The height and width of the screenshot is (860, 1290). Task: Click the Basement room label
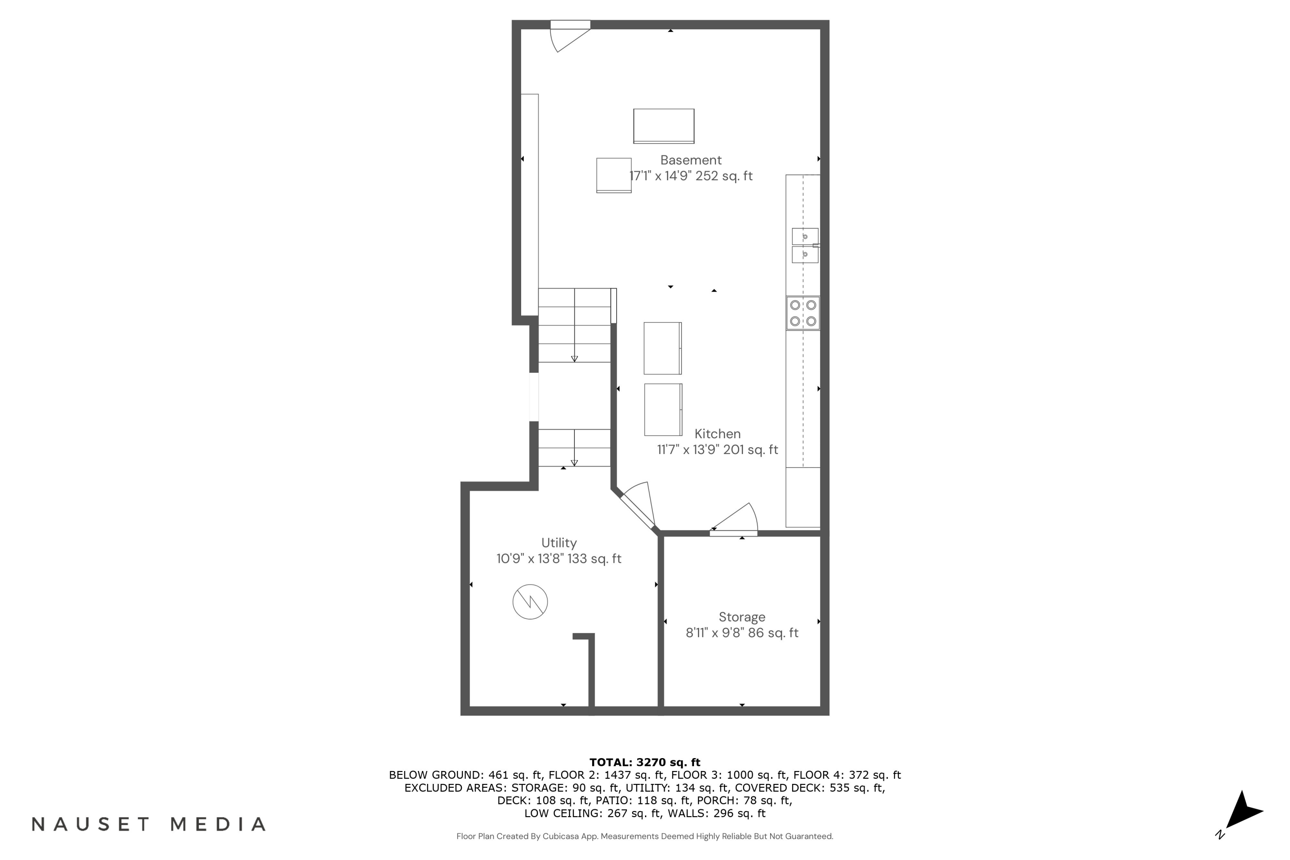(691, 160)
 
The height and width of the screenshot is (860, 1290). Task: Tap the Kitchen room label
(717, 434)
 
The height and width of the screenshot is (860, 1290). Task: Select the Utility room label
(559, 543)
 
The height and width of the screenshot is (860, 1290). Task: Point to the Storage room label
(742, 617)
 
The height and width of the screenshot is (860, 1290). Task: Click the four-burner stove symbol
(803, 313)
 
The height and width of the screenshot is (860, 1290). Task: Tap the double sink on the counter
(805, 246)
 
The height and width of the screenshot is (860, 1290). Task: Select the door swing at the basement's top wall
(571, 36)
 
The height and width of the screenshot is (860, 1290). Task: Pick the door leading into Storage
(734, 519)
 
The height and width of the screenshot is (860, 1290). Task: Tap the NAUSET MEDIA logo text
(149, 824)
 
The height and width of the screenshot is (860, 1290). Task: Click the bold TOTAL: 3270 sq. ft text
(645, 762)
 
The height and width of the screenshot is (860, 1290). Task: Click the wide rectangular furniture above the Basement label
(663, 126)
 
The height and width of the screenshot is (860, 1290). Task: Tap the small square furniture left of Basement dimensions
(614, 175)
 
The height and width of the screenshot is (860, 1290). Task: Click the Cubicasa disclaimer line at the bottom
(645, 836)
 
